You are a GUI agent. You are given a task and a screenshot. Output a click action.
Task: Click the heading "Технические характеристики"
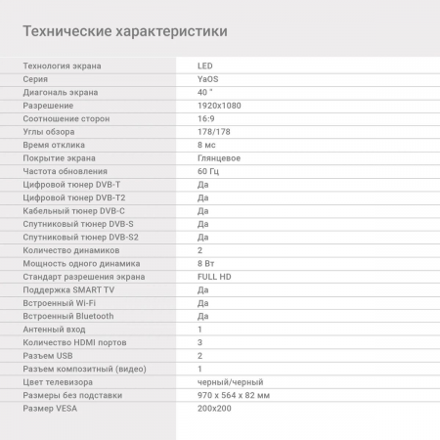pyautogui.click(x=124, y=31)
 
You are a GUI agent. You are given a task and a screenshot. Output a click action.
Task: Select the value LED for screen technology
pyautogui.click(x=204, y=66)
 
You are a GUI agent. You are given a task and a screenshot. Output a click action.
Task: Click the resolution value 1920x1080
pyautogui.click(x=219, y=105)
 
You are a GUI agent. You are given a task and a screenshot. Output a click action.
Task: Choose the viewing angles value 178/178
pyautogui.click(x=214, y=131)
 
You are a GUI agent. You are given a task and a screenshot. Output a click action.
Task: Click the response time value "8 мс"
pyautogui.click(x=206, y=145)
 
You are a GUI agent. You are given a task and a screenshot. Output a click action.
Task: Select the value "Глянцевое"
pyautogui.click(x=219, y=157)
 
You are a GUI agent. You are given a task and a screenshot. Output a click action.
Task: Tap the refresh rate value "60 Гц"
pyautogui.click(x=208, y=171)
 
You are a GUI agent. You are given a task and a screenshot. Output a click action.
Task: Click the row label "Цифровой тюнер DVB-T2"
pyautogui.click(x=72, y=198)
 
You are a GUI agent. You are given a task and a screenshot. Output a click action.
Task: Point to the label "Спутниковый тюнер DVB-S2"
pyautogui.click(x=80, y=237)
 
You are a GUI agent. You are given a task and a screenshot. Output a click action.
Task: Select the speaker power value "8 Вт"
pyautogui.click(x=206, y=263)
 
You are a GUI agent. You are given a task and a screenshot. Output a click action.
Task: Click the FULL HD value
pyautogui.click(x=215, y=277)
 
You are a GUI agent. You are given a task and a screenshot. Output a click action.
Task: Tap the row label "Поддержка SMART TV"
pyautogui.click(x=67, y=289)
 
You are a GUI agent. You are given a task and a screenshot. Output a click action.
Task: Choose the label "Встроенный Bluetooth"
pyautogui.click(x=67, y=316)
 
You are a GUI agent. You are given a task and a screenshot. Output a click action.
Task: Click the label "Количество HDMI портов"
pyautogui.click(x=74, y=342)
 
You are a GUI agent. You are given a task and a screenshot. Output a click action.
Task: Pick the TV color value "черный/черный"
pyautogui.click(x=230, y=382)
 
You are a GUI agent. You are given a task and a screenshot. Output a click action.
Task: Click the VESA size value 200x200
pyautogui.click(x=216, y=409)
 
